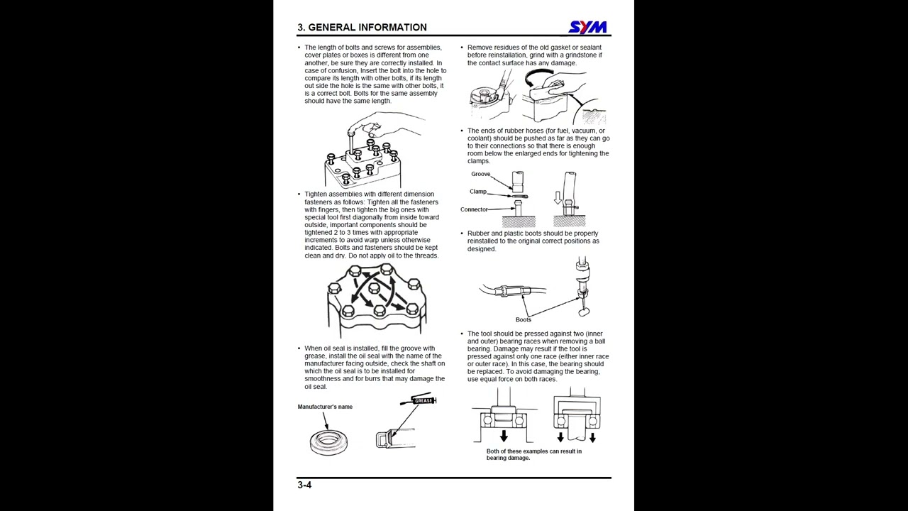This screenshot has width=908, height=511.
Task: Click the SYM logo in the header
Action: pos(588,27)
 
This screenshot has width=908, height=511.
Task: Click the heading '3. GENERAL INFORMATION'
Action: pos(362,28)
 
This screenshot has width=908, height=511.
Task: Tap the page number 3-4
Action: pos(304,485)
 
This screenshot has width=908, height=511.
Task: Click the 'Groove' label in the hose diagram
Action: pos(480,174)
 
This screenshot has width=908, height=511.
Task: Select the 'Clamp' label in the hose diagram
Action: pos(477,192)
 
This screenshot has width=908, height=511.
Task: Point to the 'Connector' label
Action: pos(474,209)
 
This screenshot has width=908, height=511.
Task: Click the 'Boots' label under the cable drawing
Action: pos(523,319)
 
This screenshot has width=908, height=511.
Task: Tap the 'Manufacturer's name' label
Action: pos(325,407)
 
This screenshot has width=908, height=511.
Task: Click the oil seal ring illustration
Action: pos(330,441)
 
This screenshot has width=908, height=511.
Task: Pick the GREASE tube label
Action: pos(423,401)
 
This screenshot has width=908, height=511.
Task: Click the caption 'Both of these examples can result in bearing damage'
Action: pos(533,454)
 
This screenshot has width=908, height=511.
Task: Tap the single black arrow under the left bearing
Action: pos(504,435)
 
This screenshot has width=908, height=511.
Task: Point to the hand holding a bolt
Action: pos(383,129)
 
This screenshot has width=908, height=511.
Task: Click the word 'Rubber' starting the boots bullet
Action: pos(478,233)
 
